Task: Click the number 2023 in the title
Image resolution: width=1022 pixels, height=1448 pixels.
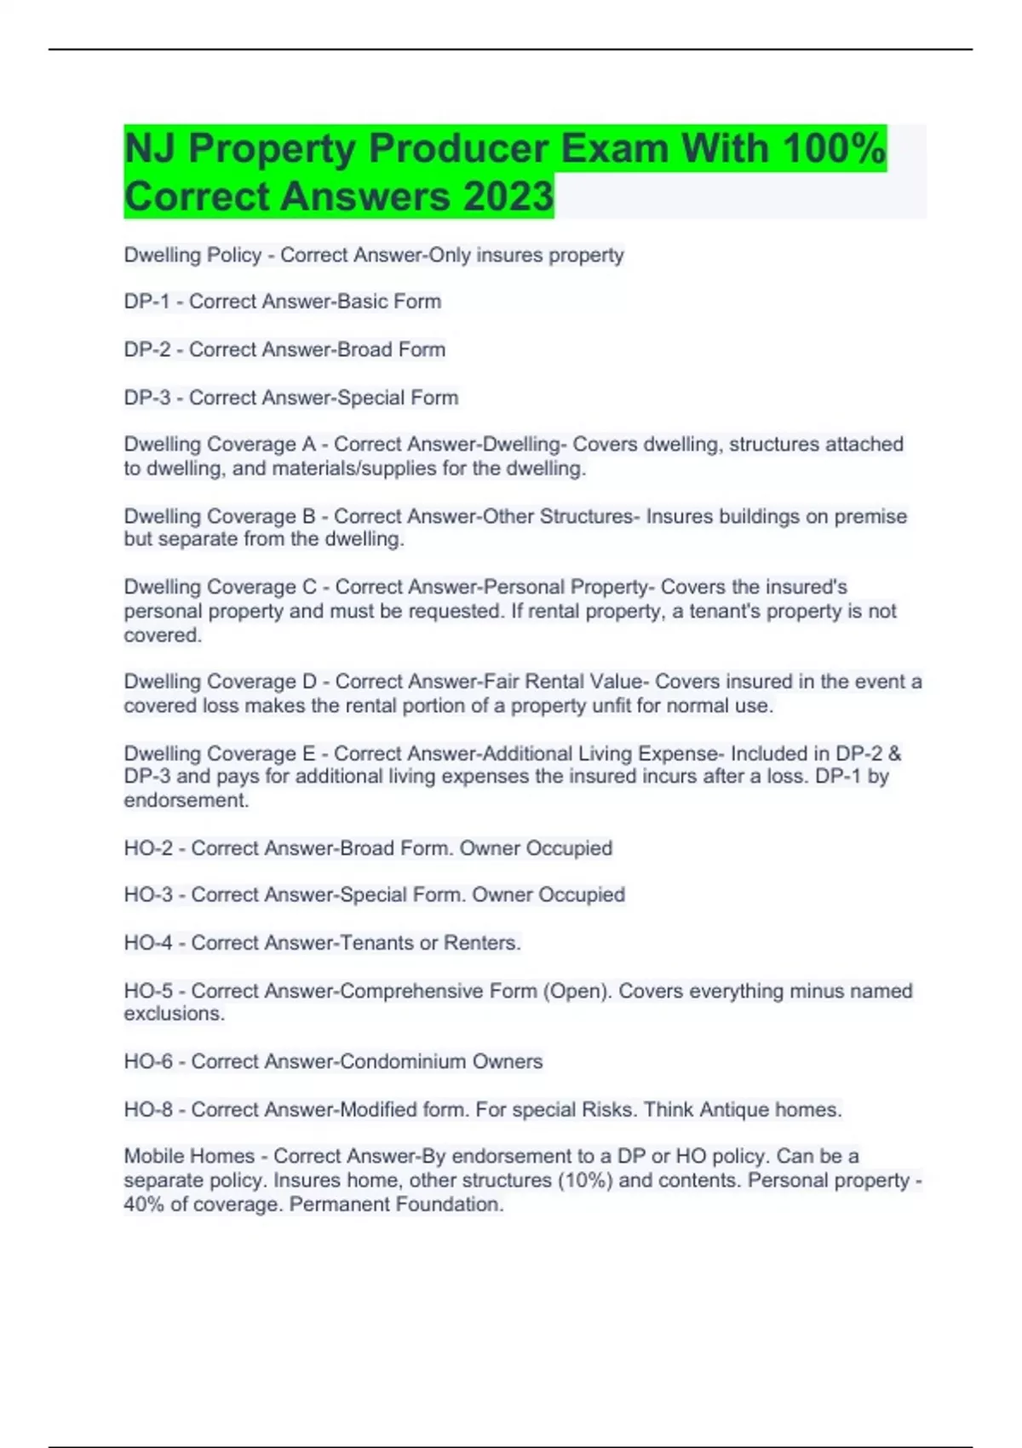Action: (508, 196)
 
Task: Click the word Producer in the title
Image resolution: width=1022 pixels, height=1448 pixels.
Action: (458, 148)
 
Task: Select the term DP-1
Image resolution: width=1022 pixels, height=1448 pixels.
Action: (147, 302)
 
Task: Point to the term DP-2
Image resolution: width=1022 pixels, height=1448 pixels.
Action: (147, 349)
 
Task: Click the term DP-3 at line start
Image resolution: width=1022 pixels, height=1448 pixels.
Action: (147, 398)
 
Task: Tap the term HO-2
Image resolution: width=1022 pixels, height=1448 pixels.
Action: (148, 848)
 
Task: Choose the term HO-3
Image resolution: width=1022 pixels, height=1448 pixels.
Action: (148, 895)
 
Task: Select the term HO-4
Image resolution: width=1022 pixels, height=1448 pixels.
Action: (148, 943)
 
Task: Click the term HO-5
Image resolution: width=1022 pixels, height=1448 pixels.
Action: (148, 991)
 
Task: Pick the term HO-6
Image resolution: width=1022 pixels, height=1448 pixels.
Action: (148, 1061)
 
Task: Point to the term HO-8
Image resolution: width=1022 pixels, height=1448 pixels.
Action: (148, 1110)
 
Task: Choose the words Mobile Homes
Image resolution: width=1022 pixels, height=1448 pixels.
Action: (189, 1156)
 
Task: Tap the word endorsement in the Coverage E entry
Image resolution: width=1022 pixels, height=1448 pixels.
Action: (186, 801)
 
